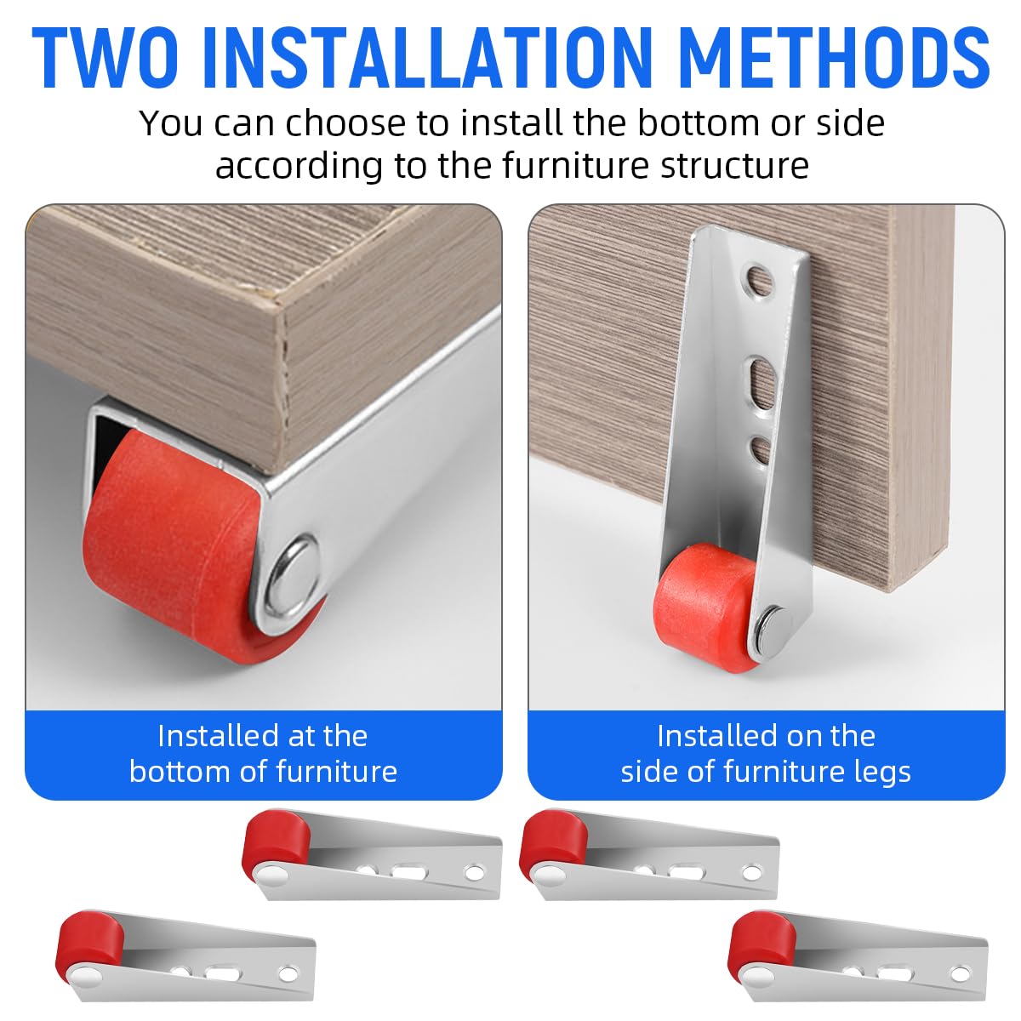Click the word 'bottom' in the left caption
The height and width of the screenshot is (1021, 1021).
pyautogui.click(x=180, y=771)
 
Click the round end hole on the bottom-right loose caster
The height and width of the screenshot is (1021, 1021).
pyautogui.click(x=960, y=974)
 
